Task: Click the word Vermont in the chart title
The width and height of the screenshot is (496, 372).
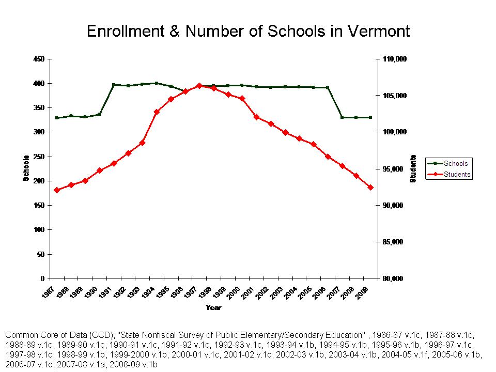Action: click(375, 32)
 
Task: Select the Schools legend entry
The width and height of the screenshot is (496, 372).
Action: click(455, 164)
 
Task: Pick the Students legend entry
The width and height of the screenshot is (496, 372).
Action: click(457, 175)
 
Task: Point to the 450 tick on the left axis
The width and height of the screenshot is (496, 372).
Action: click(38, 59)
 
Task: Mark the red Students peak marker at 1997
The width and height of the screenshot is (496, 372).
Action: click(199, 86)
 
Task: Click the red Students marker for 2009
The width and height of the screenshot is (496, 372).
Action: click(370, 188)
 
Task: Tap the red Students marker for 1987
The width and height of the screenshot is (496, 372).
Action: click(57, 190)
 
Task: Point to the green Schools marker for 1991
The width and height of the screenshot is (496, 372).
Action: click(114, 85)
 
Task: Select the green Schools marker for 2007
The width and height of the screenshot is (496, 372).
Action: click(342, 117)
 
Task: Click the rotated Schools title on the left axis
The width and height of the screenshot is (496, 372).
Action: click(26, 168)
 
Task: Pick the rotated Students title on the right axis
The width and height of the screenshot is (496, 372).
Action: click(413, 168)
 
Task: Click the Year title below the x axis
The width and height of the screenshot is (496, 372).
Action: click(213, 308)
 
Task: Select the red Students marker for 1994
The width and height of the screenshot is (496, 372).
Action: click(157, 112)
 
